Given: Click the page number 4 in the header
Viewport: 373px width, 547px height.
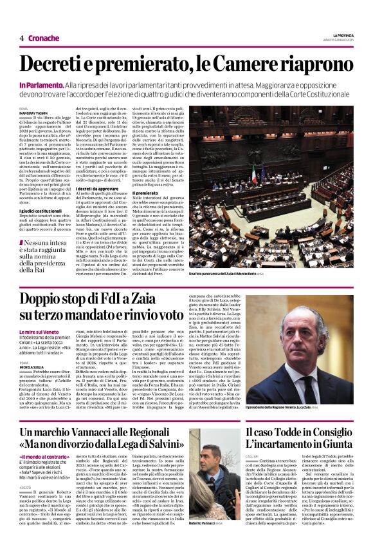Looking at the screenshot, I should [22, 39].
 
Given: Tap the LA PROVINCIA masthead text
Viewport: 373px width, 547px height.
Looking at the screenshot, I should [342, 35].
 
